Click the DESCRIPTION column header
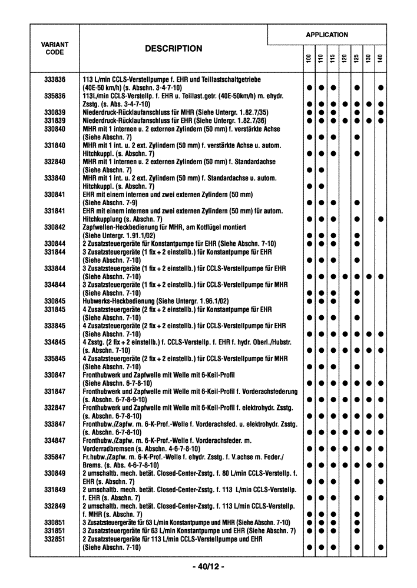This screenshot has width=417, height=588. pyautogui.click(x=173, y=49)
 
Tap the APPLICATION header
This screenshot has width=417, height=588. pyautogui.click(x=327, y=35)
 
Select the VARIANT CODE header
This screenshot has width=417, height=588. pyautogui.click(x=54, y=48)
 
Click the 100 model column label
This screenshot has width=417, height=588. pyautogui.click(x=309, y=60)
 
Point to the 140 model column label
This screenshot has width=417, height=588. pyautogui.click(x=381, y=60)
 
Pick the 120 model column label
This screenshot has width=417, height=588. pyautogui.click(x=345, y=60)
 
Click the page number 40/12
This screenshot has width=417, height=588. pyautogui.click(x=208, y=567)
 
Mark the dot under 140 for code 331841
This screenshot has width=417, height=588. pyautogui.click(x=381, y=219)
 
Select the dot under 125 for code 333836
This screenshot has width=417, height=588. pyautogui.click(x=357, y=88)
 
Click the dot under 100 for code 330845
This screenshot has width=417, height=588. pyautogui.click(x=309, y=301)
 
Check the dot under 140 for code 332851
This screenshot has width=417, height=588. pyautogui.click(x=381, y=547)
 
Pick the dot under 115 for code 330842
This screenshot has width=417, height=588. pyautogui.click(x=333, y=235)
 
